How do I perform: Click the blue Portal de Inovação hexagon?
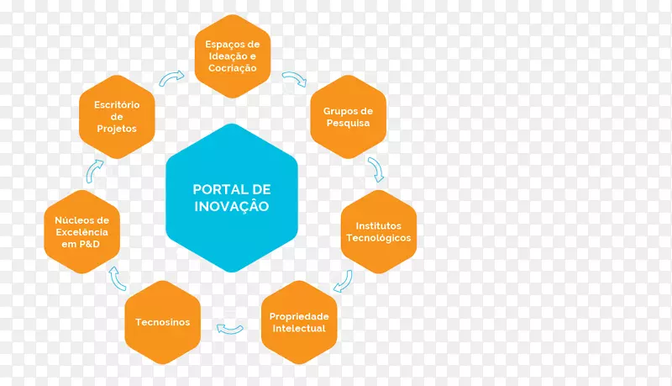point(231,198)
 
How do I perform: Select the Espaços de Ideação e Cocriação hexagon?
point(233,56)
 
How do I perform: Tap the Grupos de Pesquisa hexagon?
point(347,117)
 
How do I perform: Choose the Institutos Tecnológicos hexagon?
point(379,232)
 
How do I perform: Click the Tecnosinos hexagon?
point(163,322)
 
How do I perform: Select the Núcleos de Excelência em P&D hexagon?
point(81,232)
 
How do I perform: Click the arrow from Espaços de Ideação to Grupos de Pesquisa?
point(294,80)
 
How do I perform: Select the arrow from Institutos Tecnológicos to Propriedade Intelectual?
point(343,281)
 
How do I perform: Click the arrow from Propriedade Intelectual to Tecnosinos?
point(229,327)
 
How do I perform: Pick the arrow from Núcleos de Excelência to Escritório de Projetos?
point(95,171)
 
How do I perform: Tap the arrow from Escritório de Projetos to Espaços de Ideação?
point(172,78)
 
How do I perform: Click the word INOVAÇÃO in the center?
point(231,206)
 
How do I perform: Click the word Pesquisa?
point(347,124)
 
